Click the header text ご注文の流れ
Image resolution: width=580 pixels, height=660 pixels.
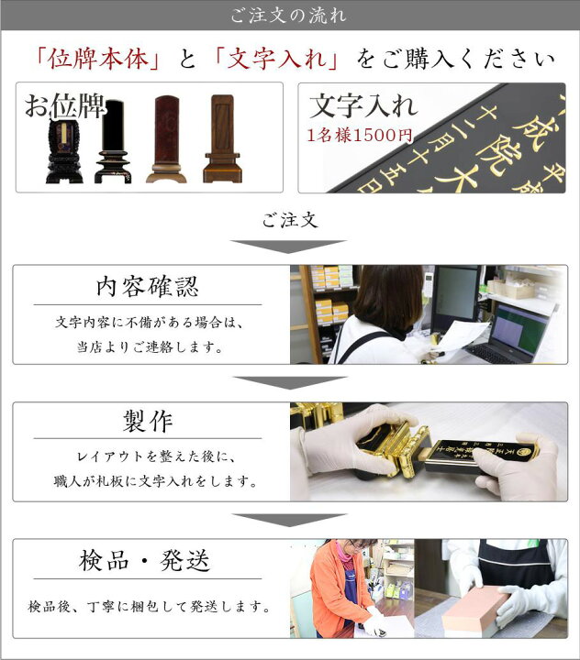click(x=290, y=16)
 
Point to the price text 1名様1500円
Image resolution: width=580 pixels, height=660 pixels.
click(x=360, y=136)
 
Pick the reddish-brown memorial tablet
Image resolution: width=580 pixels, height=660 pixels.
click(x=165, y=139)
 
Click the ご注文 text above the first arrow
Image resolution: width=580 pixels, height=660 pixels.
click(x=290, y=220)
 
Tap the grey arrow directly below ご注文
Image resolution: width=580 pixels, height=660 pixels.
click(x=290, y=246)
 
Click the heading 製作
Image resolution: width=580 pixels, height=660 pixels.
click(x=147, y=422)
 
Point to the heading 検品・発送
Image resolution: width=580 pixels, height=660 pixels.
click(x=147, y=560)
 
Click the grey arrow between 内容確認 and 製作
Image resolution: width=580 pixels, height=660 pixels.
click(x=290, y=382)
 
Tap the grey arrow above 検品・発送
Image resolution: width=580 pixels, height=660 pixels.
click(x=290, y=520)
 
